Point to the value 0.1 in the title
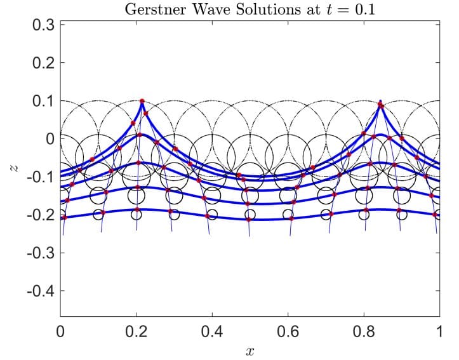364,10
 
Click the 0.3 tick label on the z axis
43,25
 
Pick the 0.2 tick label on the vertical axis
43,63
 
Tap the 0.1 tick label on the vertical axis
43,101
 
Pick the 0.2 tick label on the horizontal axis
136,331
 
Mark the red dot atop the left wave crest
142,101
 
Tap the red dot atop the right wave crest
380,105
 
